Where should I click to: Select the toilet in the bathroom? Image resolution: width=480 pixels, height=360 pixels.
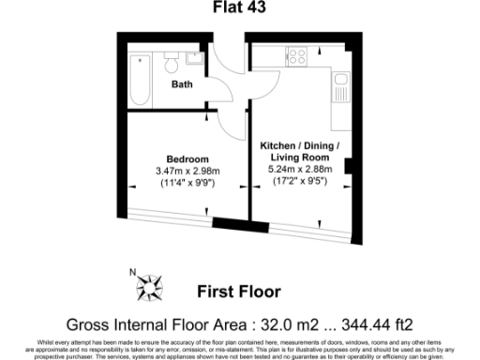[x=171, y=63]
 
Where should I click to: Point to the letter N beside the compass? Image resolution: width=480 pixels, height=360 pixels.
[x=133, y=272]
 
